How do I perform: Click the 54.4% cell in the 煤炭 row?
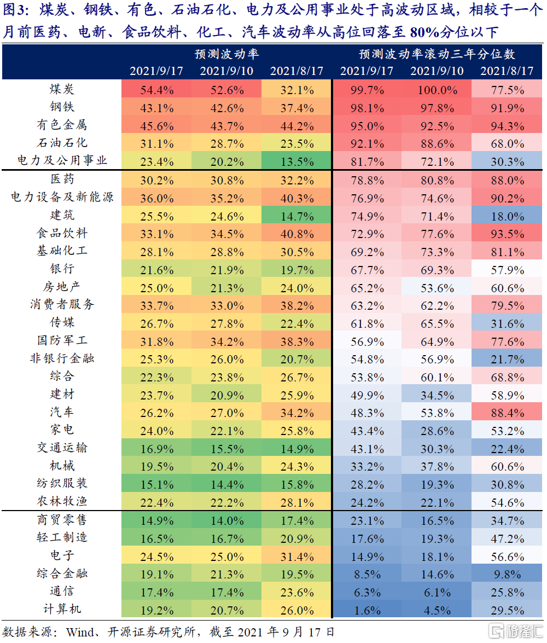pyautogui.click(x=157, y=90)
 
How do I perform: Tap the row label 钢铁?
pyautogui.click(x=61, y=107)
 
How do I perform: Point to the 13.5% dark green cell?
pyautogui.click(x=297, y=161)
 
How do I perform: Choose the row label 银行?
pyautogui.click(x=61, y=269)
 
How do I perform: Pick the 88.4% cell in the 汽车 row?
pyautogui.click(x=507, y=412)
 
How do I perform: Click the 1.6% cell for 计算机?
pyautogui.click(x=367, y=610)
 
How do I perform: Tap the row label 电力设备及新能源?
pyautogui.click(x=61, y=198)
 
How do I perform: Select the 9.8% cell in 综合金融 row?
pyautogui.click(x=507, y=574)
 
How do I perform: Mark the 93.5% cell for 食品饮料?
pyautogui.click(x=507, y=233)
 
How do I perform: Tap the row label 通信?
pyautogui.click(x=61, y=592)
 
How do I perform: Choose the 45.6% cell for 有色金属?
pyautogui.click(x=157, y=125)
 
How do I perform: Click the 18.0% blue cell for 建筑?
pyautogui.click(x=507, y=215)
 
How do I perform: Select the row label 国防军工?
pyautogui.click(x=61, y=340)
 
